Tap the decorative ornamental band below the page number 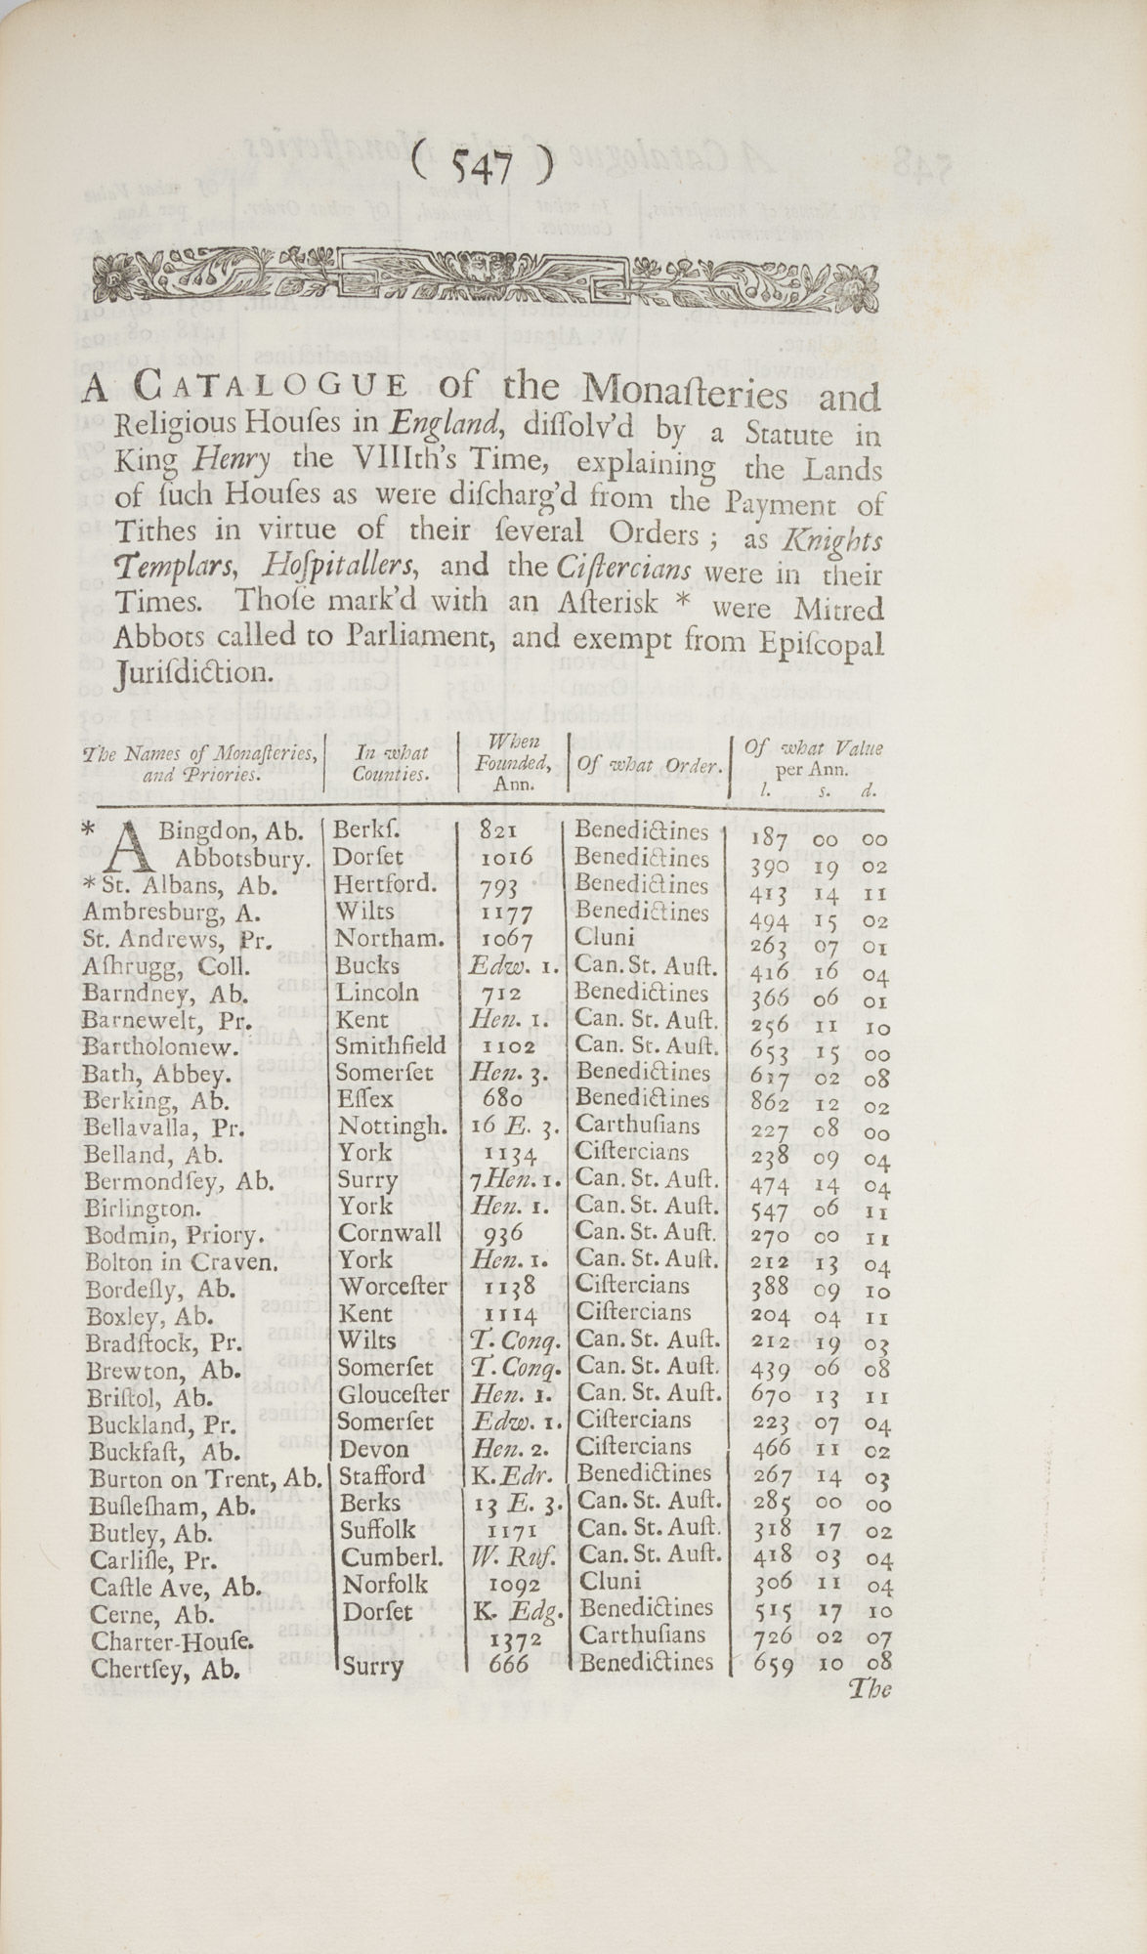(486, 278)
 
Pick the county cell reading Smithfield (391, 1046)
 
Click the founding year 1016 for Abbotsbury (508, 858)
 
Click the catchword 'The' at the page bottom (871, 1687)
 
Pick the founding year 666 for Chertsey (508, 1663)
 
